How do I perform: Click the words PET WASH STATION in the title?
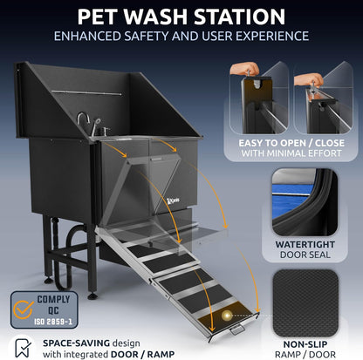coord(181,17)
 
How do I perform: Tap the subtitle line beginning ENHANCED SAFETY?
coord(181,37)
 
